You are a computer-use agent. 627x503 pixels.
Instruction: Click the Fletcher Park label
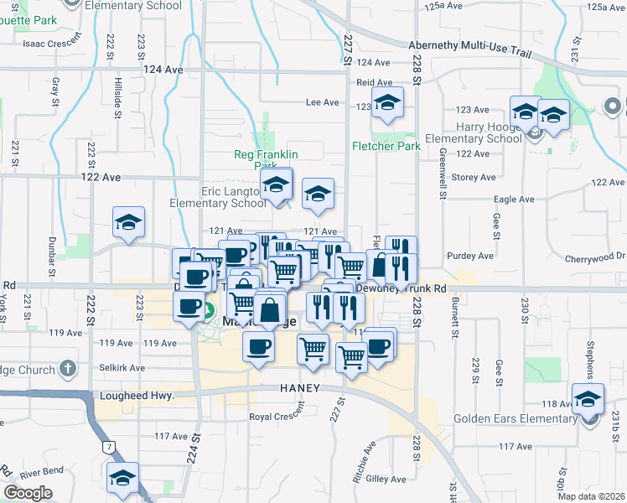[x=386, y=146]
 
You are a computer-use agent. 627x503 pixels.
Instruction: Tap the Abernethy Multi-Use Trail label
[x=469, y=49]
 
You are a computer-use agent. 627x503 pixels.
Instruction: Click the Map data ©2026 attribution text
[x=590, y=496]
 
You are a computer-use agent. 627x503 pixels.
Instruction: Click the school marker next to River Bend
[x=122, y=478]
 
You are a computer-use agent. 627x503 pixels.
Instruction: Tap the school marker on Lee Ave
[x=386, y=105]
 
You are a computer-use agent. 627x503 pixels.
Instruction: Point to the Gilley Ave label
[x=386, y=479]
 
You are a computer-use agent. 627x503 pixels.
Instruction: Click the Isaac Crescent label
[x=51, y=43]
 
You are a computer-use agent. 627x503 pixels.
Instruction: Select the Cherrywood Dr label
[x=593, y=258]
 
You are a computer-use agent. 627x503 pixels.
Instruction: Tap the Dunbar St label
[x=52, y=257]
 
